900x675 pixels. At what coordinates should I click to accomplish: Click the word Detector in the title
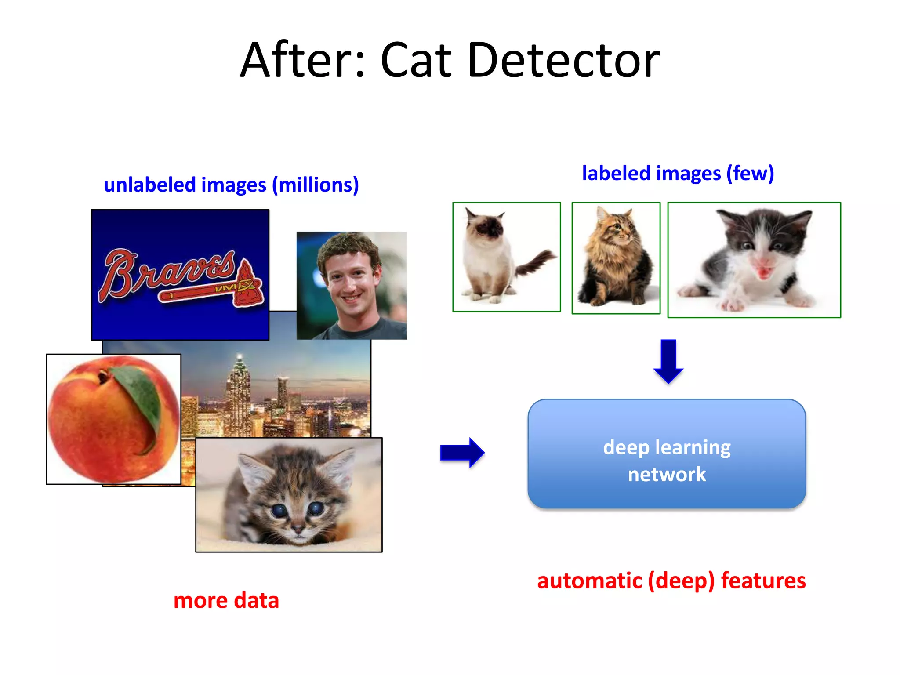[563, 60]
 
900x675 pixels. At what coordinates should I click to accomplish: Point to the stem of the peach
[104, 376]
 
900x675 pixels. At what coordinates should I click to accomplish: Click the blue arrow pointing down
[668, 361]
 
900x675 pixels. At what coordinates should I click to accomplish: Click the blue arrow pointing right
[462, 453]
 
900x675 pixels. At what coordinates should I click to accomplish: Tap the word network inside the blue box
[667, 475]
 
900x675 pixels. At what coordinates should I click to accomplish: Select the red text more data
[226, 600]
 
